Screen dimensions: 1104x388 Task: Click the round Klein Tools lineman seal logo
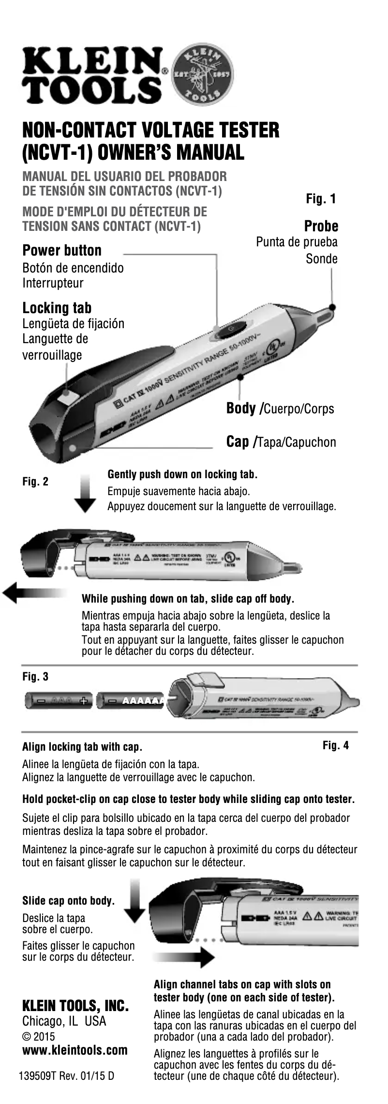pyautogui.click(x=204, y=76)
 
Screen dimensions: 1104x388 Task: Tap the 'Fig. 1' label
pyautogui.click(x=321, y=198)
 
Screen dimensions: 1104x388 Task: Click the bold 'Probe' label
pyautogui.click(x=321, y=226)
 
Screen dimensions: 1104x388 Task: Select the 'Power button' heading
pyautogui.click(x=62, y=251)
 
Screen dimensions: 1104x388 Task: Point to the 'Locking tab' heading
pyautogui.click(x=57, y=308)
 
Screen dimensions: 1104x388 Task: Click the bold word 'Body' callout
pyautogui.click(x=242, y=408)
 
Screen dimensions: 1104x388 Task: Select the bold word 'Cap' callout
pyautogui.click(x=238, y=442)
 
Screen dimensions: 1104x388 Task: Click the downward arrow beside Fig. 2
pyautogui.click(x=86, y=493)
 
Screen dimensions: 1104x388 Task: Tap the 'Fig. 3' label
pyautogui.click(x=35, y=676)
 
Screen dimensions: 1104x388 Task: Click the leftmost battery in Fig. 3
pyautogui.click(x=59, y=700)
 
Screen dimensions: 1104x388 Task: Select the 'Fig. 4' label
pyautogui.click(x=335, y=745)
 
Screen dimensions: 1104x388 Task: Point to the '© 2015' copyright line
pyautogui.click(x=39, y=1037)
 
